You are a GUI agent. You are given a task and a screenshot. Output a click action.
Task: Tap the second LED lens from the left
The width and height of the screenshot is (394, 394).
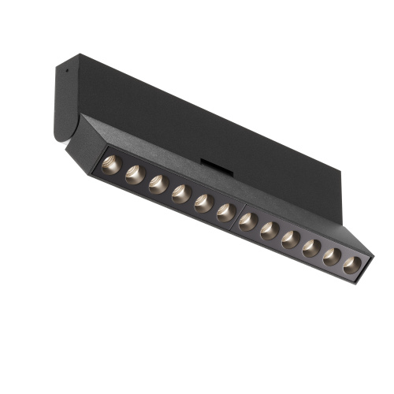[135, 175]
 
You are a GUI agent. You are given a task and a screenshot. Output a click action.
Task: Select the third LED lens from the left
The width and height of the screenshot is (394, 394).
[158, 184]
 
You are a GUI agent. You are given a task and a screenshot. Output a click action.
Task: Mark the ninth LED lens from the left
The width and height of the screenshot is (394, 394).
[289, 238]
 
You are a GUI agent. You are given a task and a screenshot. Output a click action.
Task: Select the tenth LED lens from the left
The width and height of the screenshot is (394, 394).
[310, 247]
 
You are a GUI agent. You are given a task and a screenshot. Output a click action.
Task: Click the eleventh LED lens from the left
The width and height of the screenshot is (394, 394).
[331, 255]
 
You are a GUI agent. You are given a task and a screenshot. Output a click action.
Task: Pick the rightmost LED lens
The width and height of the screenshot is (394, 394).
[351, 264]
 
